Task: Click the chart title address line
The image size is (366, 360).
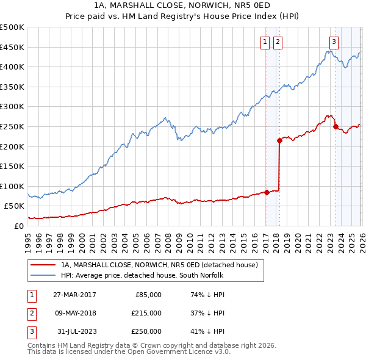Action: [x=182, y=5]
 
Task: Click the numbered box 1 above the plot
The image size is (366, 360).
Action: [x=266, y=42]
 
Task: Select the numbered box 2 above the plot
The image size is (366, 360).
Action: [x=278, y=42]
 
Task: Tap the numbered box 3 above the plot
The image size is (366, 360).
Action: [x=334, y=42]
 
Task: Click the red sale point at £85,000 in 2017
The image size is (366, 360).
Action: [x=267, y=192]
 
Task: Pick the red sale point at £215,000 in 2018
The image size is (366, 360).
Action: [x=279, y=140]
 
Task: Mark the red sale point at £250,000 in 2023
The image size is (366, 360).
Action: [x=335, y=126]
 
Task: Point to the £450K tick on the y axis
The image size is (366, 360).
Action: [x=12, y=47]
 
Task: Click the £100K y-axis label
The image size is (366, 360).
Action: [x=12, y=186]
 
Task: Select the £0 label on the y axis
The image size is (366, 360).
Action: [x=18, y=226]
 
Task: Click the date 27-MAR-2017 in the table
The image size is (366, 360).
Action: [x=75, y=295]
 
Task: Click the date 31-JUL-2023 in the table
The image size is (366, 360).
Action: [x=75, y=331]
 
